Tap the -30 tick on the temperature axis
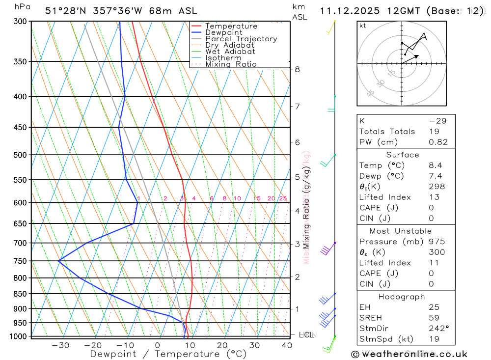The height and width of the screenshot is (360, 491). point(60,345)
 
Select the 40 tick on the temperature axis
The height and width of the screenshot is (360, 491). point(287,345)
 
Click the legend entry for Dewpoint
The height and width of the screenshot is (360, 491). point(223,32)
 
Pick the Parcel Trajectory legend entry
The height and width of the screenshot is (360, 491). point(241,39)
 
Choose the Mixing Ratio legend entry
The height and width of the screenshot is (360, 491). point(231,64)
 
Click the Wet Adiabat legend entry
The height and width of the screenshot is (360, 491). point(230,52)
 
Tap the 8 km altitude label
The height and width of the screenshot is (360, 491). point(297,69)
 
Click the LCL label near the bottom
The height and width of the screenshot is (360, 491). point(306,335)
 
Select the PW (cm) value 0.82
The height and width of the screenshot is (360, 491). point(438,142)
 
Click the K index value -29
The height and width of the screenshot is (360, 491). point(436,121)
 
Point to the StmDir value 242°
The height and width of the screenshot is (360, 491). point(438,329)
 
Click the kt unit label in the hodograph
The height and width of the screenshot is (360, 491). point(363,26)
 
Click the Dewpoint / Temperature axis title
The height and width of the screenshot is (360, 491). point(168,354)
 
